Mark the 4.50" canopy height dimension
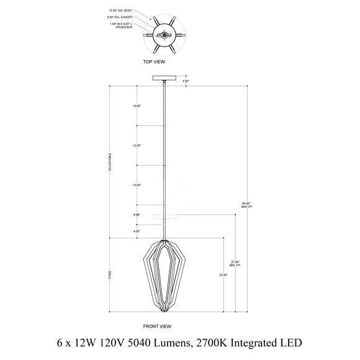[186, 81]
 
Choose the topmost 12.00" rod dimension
[137, 106]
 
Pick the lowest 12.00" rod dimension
[137, 186]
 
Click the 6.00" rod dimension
[137, 215]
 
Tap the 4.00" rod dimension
[137, 232]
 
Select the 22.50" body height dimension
[223, 274]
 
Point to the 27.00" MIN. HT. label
[235, 263]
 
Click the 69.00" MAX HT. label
[246, 204]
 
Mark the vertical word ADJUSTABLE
[109, 163]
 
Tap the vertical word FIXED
[109, 274]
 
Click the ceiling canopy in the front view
[164, 78]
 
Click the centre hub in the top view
[164, 35]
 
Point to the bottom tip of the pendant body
[164, 310]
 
